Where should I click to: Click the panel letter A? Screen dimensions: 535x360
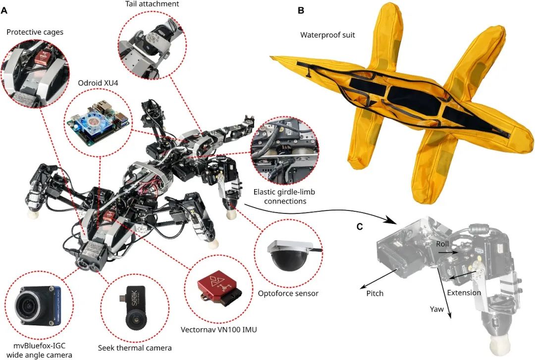[x=4, y=10]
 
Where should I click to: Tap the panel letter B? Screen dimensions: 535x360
[x=301, y=10]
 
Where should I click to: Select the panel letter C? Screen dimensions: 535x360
[x=360, y=227]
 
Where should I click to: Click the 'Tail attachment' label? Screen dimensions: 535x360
[x=152, y=4]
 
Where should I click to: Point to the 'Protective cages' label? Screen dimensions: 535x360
[x=35, y=32]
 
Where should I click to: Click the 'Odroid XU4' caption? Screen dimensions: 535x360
[x=98, y=83]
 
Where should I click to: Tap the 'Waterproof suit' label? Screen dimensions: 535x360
[x=327, y=35]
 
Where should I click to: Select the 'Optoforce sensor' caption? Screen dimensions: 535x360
[x=288, y=293]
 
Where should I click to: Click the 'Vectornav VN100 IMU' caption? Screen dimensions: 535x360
[x=219, y=330]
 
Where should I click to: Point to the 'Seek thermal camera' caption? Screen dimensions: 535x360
[x=135, y=348]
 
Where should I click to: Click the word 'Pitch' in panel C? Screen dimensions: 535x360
[x=375, y=294]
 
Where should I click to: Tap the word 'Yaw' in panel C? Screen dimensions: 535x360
[x=437, y=309]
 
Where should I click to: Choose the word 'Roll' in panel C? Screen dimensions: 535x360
[x=442, y=244]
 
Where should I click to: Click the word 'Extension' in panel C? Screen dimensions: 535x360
[x=464, y=293]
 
